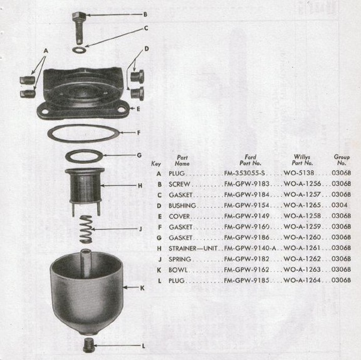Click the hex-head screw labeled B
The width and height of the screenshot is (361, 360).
click(x=78, y=28)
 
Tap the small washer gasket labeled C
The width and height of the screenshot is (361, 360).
click(x=79, y=49)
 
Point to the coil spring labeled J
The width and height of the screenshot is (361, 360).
click(x=86, y=229)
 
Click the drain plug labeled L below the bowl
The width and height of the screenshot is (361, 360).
click(x=88, y=345)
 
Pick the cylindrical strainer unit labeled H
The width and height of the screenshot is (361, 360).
click(x=85, y=192)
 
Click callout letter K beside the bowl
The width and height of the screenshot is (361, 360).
click(x=142, y=288)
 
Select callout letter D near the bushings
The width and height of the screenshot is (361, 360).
click(x=147, y=49)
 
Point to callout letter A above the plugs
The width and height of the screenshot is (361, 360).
click(x=46, y=51)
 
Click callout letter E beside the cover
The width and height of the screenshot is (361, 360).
click(x=138, y=109)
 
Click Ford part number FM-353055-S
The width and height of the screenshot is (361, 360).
click(x=244, y=173)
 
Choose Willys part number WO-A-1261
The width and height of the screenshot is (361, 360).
click(x=302, y=248)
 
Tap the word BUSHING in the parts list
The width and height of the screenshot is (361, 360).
click(x=182, y=205)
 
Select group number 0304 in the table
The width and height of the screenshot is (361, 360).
click(x=339, y=205)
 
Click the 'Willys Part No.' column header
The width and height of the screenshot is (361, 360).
click(x=302, y=160)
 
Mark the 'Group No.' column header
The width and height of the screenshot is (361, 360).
click(x=342, y=160)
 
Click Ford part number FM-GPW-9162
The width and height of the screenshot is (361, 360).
click(x=246, y=269)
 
